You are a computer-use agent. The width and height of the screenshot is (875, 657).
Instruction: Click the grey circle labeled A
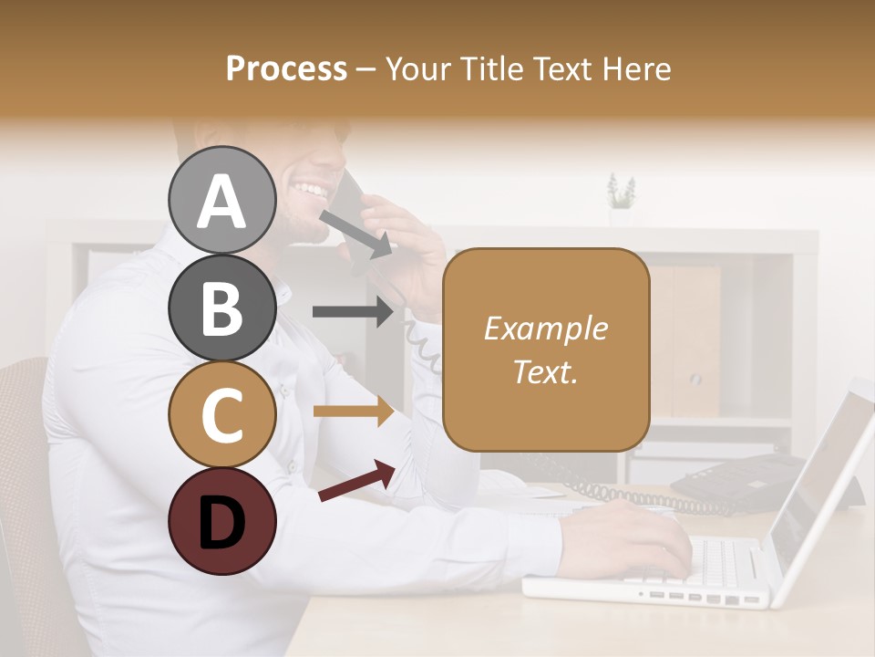click(221, 200)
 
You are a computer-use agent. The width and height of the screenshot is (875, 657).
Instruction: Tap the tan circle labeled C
click(221, 414)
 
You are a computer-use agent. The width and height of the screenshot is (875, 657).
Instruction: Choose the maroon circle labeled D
click(221, 521)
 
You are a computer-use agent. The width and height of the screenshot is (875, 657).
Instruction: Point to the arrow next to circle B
click(353, 312)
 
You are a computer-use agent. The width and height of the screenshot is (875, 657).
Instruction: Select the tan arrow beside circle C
click(353, 412)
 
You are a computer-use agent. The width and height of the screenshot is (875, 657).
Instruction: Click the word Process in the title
click(286, 68)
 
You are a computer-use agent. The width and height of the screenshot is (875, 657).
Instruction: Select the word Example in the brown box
click(545, 328)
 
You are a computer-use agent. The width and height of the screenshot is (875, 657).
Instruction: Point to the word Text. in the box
click(545, 371)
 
